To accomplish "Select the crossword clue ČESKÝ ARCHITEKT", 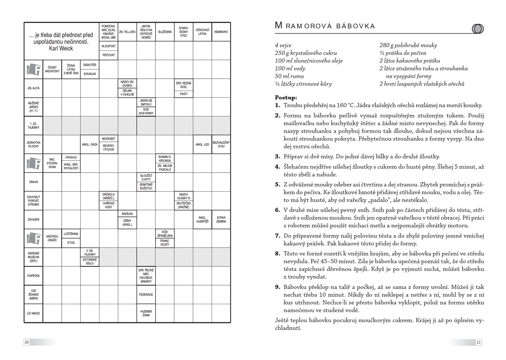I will pyautogui.click(x=52, y=69).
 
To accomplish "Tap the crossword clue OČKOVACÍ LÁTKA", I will pyautogui.click(x=202, y=32).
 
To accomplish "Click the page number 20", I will pyautogui.click(x=27, y=342).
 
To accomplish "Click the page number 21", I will pyautogui.click(x=479, y=342).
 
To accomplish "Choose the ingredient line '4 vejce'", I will pyautogui.click(x=283, y=45).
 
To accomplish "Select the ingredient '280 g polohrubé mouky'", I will pyautogui.click(x=408, y=45).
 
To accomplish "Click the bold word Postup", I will pyautogui.click(x=286, y=97).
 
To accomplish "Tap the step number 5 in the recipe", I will pyautogui.click(x=278, y=184).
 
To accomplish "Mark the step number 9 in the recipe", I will pyautogui.click(x=278, y=286).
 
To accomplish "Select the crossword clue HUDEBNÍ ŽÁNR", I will pyautogui.click(x=146, y=313).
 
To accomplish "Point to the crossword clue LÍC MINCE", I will pyautogui.click(x=34, y=313).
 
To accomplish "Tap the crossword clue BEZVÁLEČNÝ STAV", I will pyautogui.click(x=221, y=144).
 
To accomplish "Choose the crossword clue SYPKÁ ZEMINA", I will pyautogui.click(x=221, y=220).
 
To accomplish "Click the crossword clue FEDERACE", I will pyautogui.click(x=146, y=295).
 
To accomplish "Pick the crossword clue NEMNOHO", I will pyautogui.click(x=221, y=32).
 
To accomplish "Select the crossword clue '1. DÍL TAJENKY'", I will pyautogui.click(x=34, y=126).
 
